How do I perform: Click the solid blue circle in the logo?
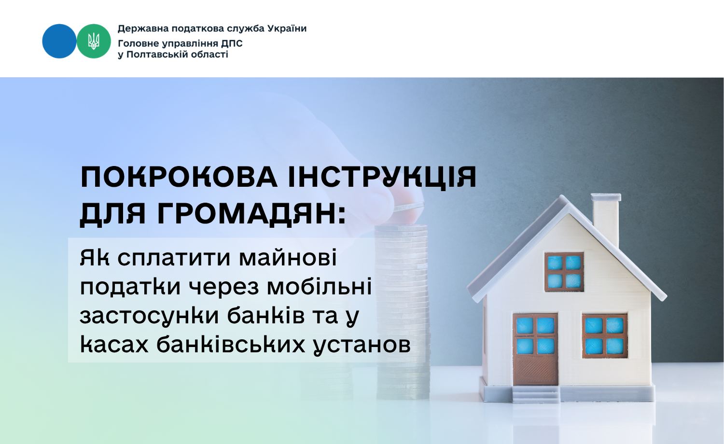(x=59, y=41)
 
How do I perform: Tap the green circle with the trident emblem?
(x=94, y=41)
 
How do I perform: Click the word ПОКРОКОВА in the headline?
(x=179, y=177)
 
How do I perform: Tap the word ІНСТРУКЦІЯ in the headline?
(x=382, y=177)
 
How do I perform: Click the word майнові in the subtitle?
(x=288, y=258)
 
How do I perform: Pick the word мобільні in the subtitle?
(x=319, y=286)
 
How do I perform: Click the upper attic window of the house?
(x=564, y=272)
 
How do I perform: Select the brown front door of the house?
(x=536, y=349)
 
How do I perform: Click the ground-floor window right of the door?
(x=604, y=335)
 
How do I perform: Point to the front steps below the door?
(x=536, y=394)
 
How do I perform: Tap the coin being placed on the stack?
(x=409, y=206)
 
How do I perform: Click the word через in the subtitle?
(x=223, y=287)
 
